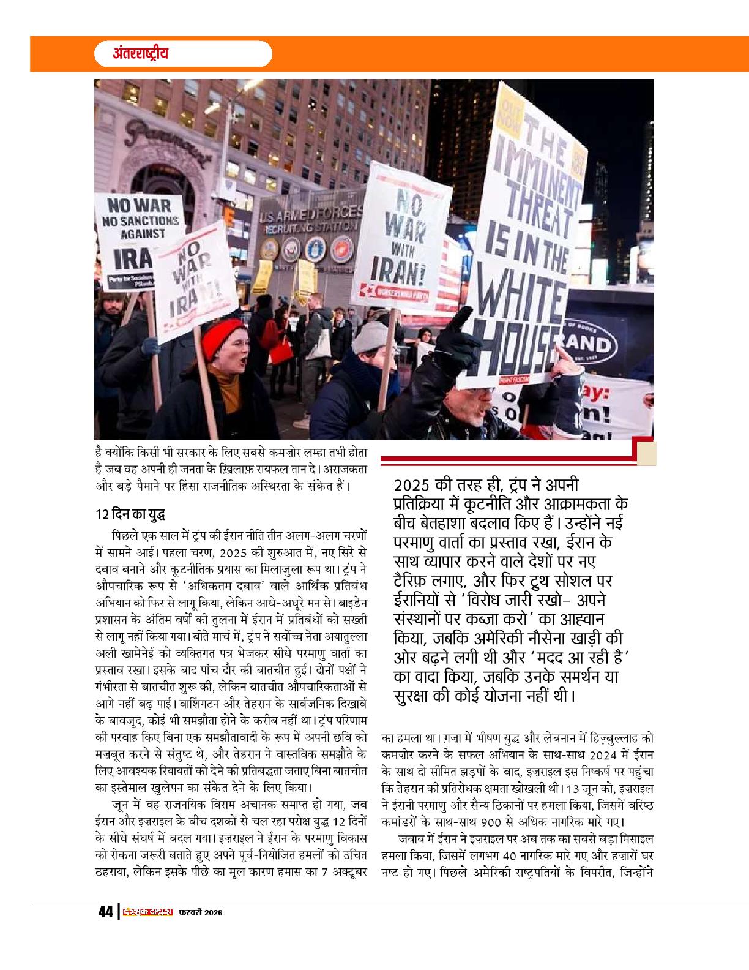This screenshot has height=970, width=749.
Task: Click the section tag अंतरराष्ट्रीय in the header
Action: (x=141, y=53)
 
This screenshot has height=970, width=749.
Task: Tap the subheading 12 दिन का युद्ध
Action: (x=129, y=513)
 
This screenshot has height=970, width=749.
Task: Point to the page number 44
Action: (x=105, y=912)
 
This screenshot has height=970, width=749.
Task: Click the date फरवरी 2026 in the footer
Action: (x=200, y=912)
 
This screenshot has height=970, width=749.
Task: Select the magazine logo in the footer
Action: (x=146, y=912)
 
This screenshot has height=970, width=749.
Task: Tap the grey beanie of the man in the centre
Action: (x=371, y=336)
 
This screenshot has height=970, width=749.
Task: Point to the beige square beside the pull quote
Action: (x=646, y=454)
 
